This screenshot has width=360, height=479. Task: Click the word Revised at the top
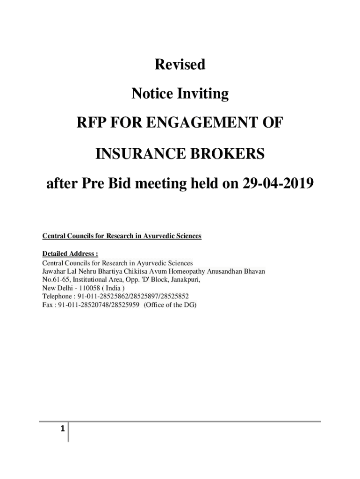pyautogui.click(x=180, y=65)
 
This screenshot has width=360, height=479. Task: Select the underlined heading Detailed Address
pyautogui.click(x=70, y=254)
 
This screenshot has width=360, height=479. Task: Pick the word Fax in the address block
pyautogui.click(x=48, y=305)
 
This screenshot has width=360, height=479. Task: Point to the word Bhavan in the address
pyautogui.click(x=254, y=271)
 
